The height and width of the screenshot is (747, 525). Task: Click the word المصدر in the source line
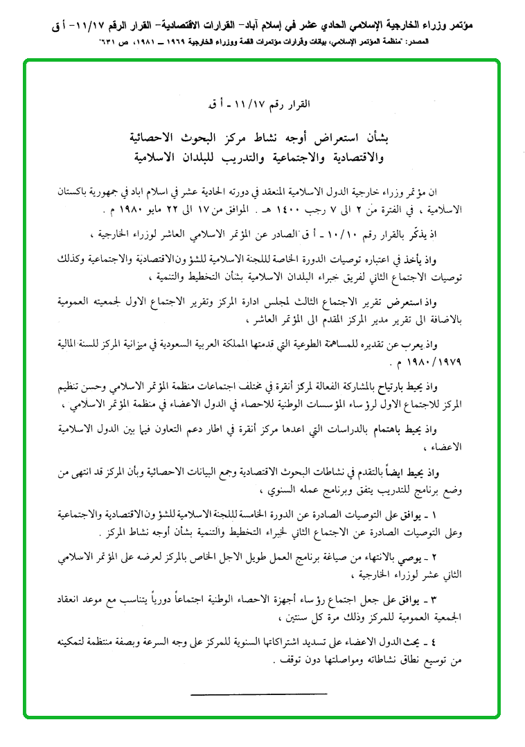[x=500, y=42]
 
